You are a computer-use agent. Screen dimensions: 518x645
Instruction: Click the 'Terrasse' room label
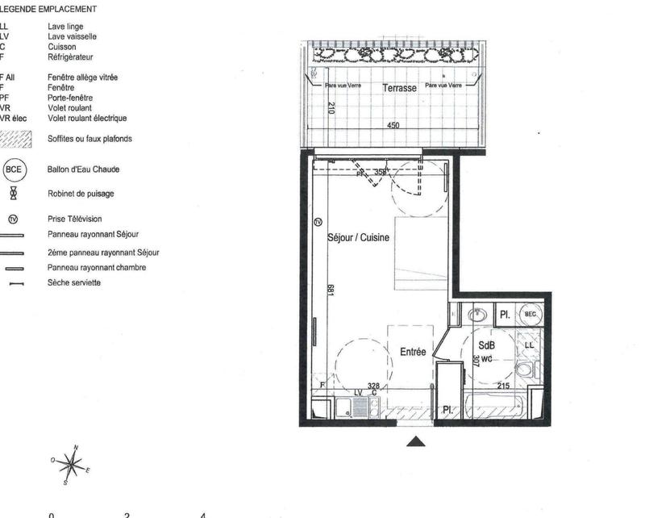pyautogui.click(x=399, y=88)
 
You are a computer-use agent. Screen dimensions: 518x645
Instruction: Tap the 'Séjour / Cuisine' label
pyautogui.click(x=359, y=238)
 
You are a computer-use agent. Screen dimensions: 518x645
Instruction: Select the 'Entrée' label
pyautogui.click(x=413, y=352)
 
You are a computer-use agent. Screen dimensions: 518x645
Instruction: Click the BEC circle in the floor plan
pyautogui.click(x=530, y=314)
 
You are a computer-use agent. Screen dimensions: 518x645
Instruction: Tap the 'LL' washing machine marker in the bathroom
pyautogui.click(x=530, y=345)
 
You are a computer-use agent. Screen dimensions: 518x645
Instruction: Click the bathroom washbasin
pyautogui.click(x=479, y=314)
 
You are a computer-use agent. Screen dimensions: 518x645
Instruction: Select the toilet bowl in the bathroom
pyautogui.click(x=525, y=370)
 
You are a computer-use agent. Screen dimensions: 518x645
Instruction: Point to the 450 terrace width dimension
pyautogui.click(x=393, y=126)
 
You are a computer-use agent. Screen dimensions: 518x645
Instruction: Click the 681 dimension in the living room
pyautogui.click(x=330, y=290)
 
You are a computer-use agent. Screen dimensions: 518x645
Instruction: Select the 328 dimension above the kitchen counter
pyautogui.click(x=373, y=386)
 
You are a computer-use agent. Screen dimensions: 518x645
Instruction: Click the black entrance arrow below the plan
pyautogui.click(x=416, y=441)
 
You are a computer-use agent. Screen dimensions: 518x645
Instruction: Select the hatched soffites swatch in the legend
pyautogui.click(x=16, y=139)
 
